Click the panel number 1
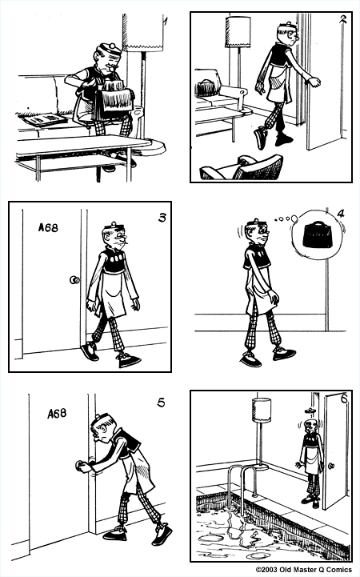tap(164, 22)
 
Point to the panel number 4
tap(340, 214)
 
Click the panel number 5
tap(161, 403)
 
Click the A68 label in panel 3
tap(49, 227)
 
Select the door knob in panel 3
tap(74, 280)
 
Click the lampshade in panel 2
tap(238, 32)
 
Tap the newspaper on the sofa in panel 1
tap(46, 119)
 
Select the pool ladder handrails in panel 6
tap(239, 481)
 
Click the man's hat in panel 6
tap(309, 419)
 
